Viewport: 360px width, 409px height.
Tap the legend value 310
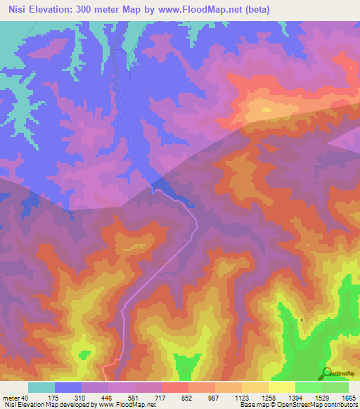pos(81,398)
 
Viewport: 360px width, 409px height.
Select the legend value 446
pos(108,398)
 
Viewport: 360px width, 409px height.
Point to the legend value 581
pos(134,398)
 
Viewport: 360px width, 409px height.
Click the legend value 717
pos(161,398)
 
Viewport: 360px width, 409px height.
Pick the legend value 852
pos(188,398)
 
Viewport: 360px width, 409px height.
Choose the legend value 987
pos(214,398)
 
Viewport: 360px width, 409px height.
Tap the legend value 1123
pos(241,398)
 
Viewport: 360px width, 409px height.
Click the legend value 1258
pos(268,398)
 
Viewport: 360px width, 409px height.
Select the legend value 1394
pos(295,398)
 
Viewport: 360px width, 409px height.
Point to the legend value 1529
pos(321,398)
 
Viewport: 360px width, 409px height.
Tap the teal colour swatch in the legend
pos(41,387)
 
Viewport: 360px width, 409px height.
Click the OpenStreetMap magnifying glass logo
pos(326,373)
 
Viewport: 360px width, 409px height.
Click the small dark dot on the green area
pos(302,320)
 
